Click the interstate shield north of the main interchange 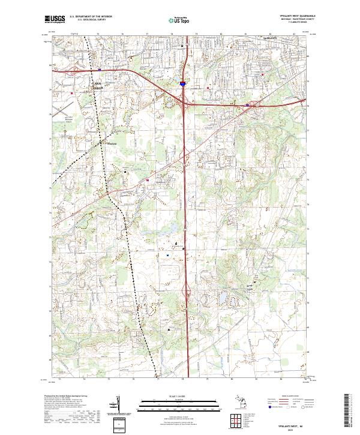coord(182,84)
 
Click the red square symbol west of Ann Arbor coord(73,93)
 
